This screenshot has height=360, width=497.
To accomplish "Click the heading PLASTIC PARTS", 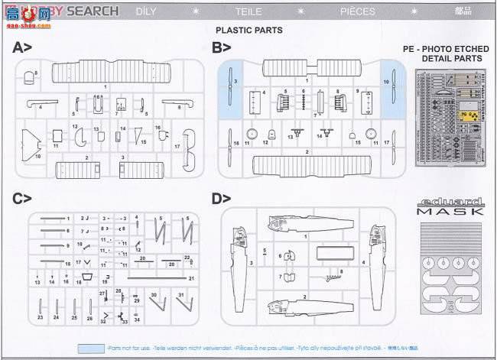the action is pyautogui.click(x=248, y=31).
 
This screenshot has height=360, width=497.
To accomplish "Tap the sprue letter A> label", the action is pyautogui.click(x=21, y=48).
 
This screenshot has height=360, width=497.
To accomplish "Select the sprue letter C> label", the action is pyautogui.click(x=21, y=199).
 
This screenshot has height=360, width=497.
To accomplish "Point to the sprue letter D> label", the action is pyautogui.click(x=221, y=199).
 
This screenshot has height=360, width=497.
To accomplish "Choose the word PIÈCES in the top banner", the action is pyautogui.click(x=359, y=11).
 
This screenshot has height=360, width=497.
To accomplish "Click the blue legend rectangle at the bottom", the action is pyautogui.click(x=91, y=348).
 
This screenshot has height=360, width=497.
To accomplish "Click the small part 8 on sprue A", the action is pyautogui.click(x=29, y=76).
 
